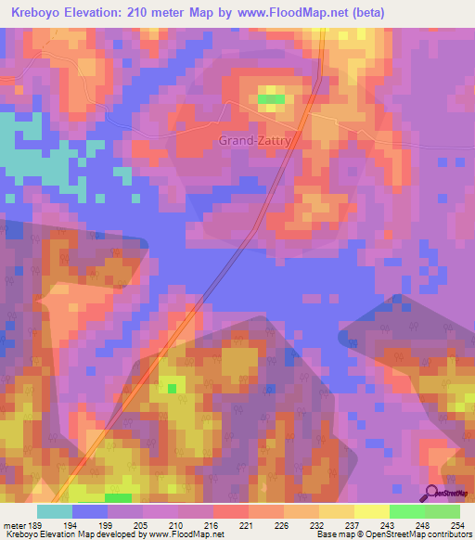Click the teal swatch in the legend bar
(55, 511)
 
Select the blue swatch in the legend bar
(90, 511)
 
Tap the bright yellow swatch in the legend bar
(372, 511)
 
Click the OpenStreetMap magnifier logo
(431, 494)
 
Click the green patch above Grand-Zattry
(271, 98)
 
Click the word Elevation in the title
(104, 13)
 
